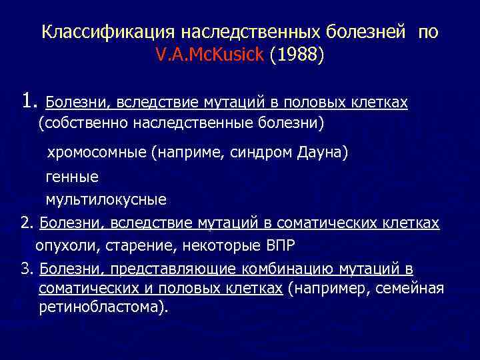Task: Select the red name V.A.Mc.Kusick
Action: click(210, 55)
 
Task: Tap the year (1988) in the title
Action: click(297, 55)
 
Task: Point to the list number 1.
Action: click(29, 101)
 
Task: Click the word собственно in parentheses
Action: click(84, 123)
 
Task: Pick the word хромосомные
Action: click(96, 153)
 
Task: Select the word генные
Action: click(71, 177)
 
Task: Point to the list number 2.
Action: click(27, 222)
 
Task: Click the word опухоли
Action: click(66, 245)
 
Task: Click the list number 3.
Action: click(27, 269)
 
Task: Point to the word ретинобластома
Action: click(99, 308)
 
